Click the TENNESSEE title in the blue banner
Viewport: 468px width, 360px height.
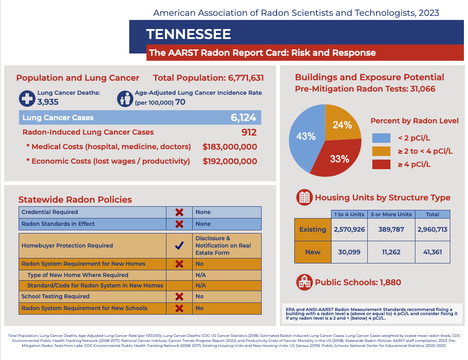pos(188,34)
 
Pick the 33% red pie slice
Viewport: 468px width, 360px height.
pos(340,159)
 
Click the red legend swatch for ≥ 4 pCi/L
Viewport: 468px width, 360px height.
pos(381,164)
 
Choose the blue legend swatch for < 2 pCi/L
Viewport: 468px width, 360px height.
pos(381,138)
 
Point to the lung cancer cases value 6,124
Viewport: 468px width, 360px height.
pos(243,118)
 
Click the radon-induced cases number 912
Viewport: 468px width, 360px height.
pos(249,132)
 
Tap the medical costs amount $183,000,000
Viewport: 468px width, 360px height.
pos(229,147)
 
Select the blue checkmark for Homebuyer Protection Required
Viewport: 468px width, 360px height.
pos(179,246)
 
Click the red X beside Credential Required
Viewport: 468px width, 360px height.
pos(179,212)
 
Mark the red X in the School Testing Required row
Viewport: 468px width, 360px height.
pos(179,297)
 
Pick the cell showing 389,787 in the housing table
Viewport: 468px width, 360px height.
pos(391,229)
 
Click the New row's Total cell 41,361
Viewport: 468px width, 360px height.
pos(433,252)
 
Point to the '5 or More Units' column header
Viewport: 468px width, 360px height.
pos(391,214)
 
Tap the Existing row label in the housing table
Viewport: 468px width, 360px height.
pos(312,229)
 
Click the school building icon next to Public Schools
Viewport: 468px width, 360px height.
pos(304,282)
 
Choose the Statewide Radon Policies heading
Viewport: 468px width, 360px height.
pos(75,199)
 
